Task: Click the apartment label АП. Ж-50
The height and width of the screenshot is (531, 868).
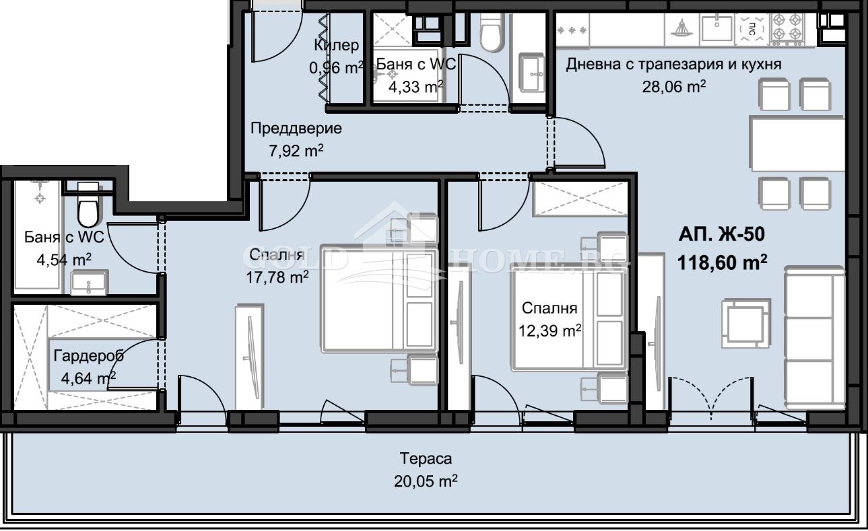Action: [x=721, y=235]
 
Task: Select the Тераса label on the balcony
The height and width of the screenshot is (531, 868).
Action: [x=426, y=459]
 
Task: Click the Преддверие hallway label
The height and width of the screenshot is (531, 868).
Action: [x=296, y=128]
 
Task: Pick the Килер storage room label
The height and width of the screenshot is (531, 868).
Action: [x=336, y=45]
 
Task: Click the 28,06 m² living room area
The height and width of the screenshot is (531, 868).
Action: [x=673, y=85]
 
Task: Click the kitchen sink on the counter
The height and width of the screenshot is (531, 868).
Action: [x=716, y=28]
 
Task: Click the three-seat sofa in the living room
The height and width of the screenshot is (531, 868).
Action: [x=815, y=337]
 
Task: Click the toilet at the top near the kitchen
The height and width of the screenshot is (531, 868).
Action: [x=492, y=32]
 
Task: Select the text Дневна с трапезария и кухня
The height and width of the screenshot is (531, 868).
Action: [x=673, y=65]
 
